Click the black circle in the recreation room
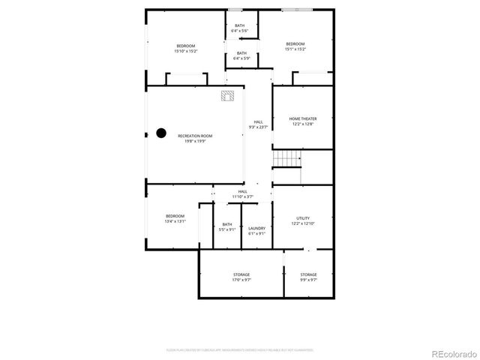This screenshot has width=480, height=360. (x=160, y=133)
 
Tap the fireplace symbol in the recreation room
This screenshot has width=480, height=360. (x=228, y=96)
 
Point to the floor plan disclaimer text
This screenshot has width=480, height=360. (x=240, y=349)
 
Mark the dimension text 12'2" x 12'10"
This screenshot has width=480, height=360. (x=303, y=223)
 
